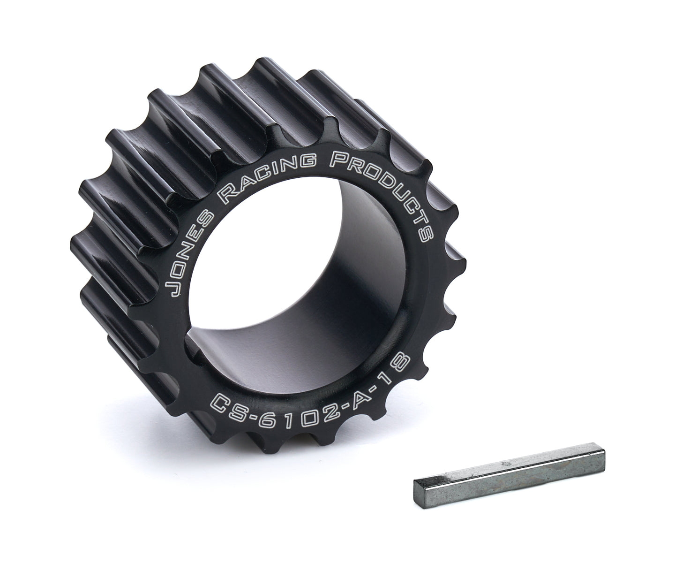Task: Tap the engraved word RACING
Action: coord(267,176)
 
